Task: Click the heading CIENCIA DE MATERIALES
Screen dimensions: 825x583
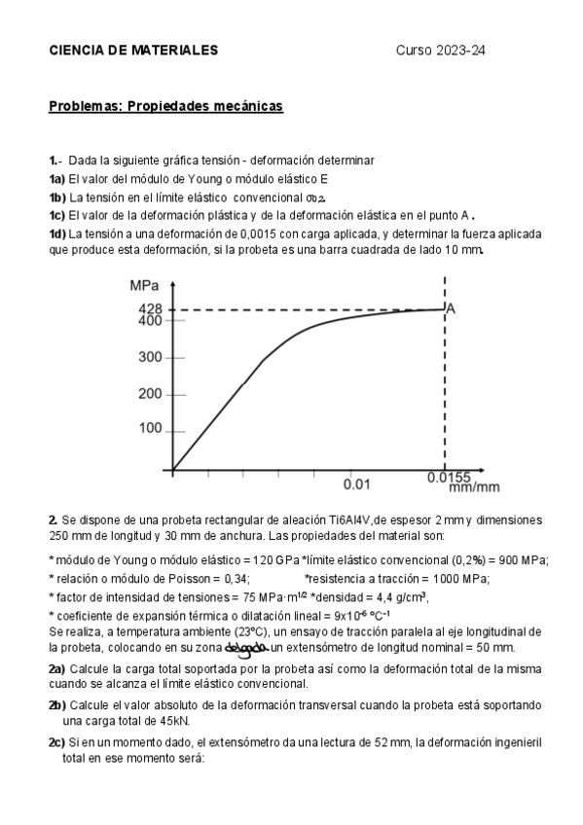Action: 133,51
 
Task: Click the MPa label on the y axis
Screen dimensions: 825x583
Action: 144,286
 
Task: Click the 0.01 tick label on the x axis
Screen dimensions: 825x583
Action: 357,483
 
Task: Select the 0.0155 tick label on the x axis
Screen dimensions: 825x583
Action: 449,478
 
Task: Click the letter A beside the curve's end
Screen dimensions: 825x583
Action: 452,307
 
